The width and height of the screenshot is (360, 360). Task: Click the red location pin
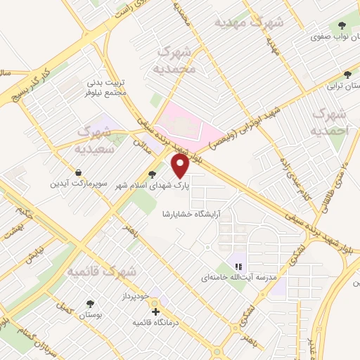pyautogui.click(x=180, y=166)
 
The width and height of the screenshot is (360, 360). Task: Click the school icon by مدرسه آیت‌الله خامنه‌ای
pyautogui.click(x=238, y=266)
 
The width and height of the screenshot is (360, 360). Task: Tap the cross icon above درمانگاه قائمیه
pyautogui.click(x=155, y=311)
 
